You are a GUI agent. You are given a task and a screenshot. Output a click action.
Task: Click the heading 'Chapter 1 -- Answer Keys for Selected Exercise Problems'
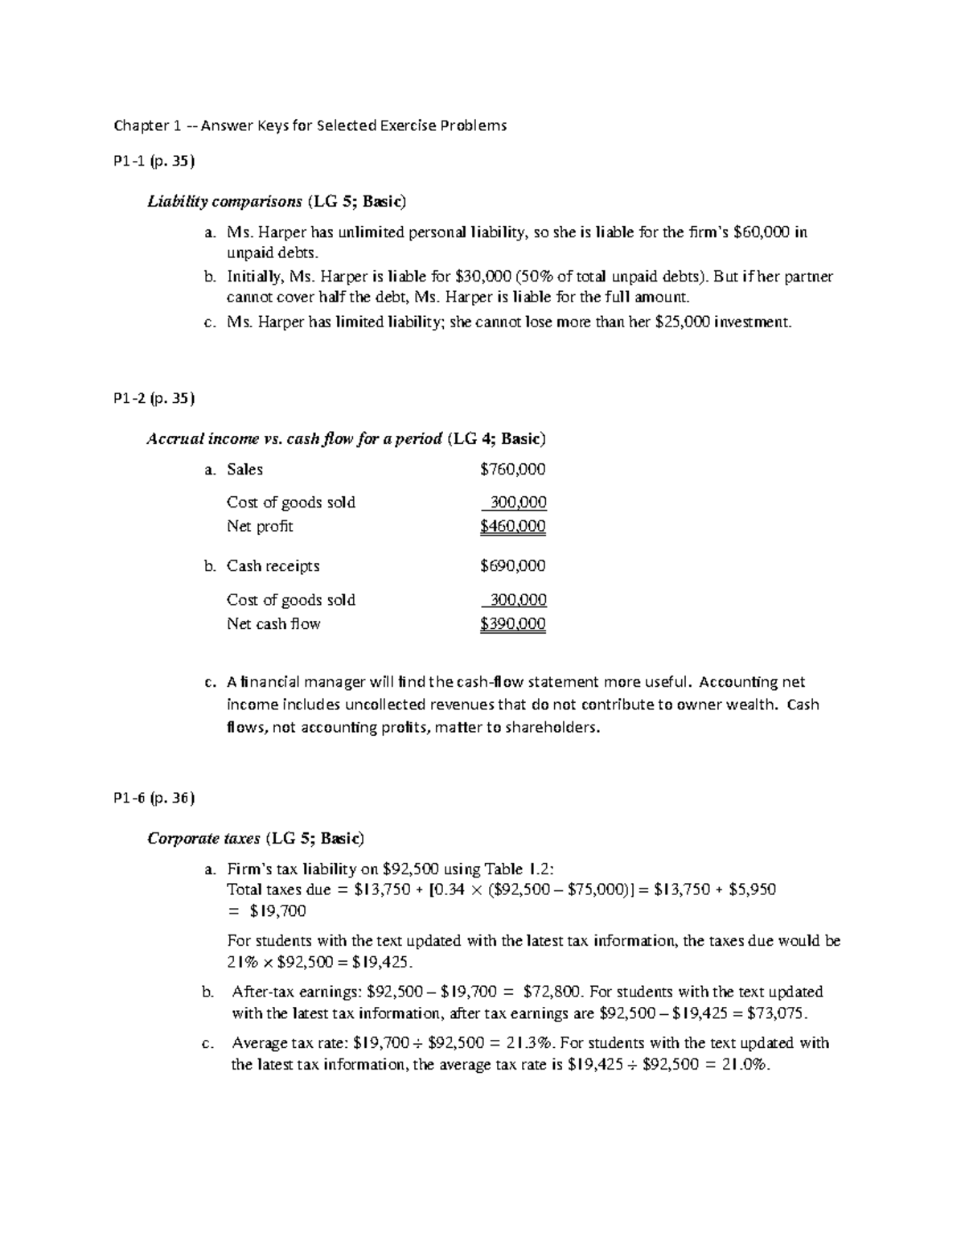[x=310, y=125]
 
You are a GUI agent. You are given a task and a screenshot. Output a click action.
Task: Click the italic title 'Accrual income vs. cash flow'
[x=294, y=438]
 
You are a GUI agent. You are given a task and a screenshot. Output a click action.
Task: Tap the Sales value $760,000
[x=512, y=470]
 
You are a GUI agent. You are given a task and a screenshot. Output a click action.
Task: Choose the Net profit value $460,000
[x=512, y=527]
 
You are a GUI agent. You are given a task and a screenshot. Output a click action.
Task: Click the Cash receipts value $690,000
[x=512, y=566]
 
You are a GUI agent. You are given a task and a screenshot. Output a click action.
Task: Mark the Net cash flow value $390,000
[x=512, y=624]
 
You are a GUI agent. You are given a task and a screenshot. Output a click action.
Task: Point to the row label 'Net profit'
[x=260, y=527]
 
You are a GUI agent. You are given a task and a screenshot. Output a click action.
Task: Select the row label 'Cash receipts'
[x=273, y=566]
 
